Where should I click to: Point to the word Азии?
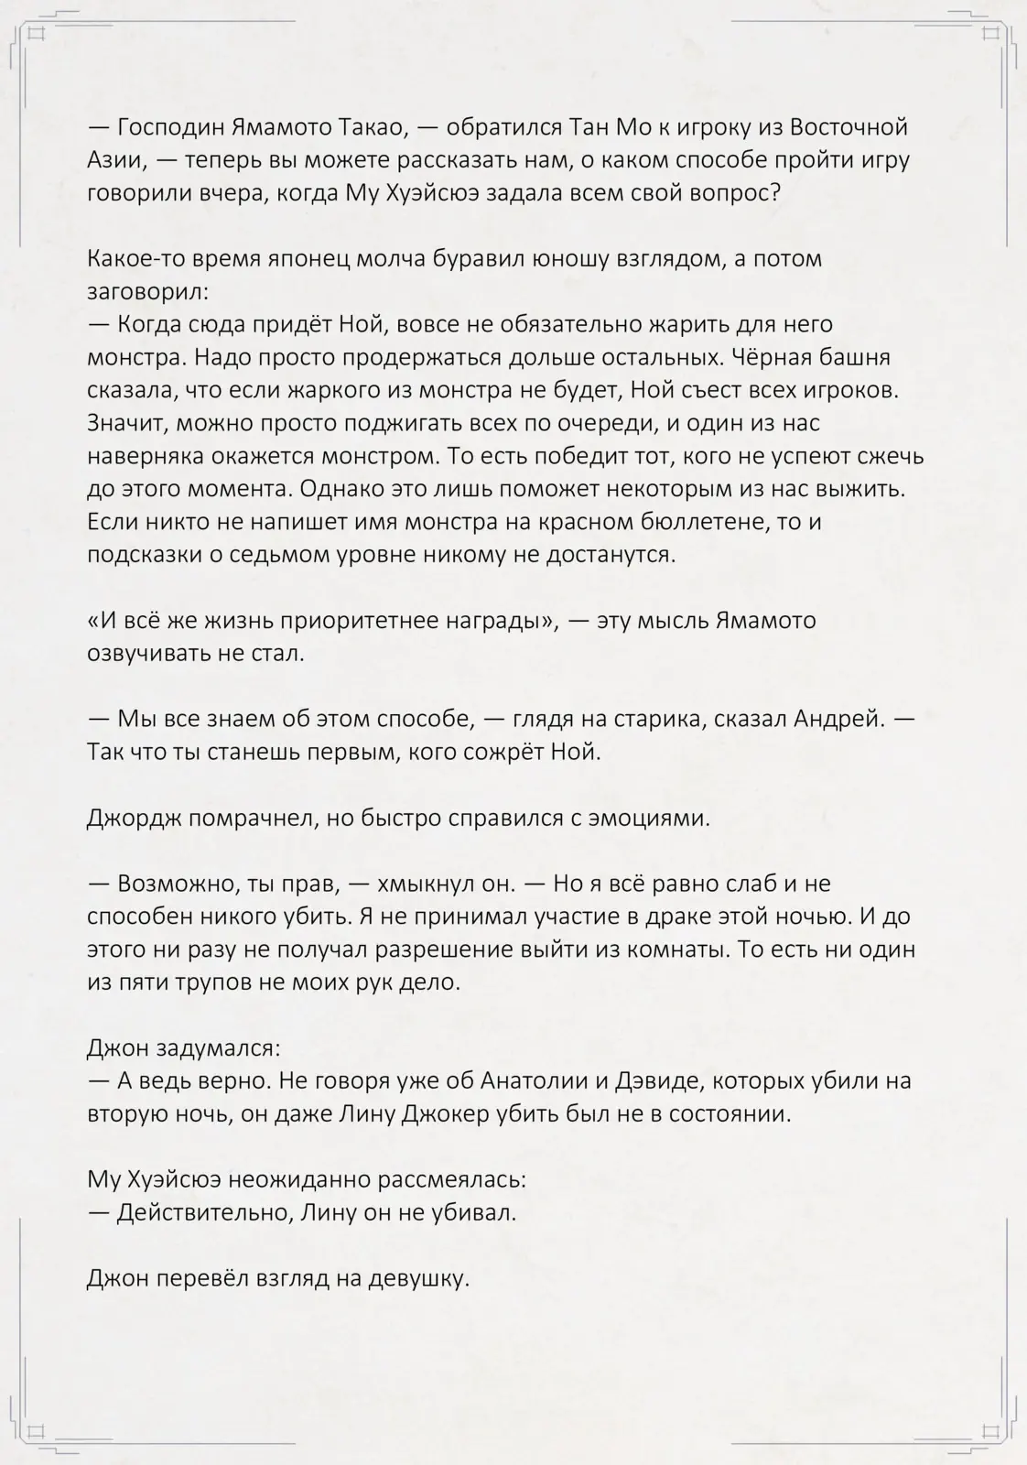coord(117,160)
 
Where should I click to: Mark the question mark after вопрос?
coord(775,193)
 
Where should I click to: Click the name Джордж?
coord(135,818)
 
